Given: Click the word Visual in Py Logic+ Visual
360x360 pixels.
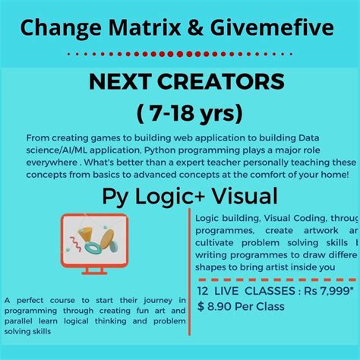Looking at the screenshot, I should (236, 197).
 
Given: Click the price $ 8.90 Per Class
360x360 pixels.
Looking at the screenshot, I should (241, 306).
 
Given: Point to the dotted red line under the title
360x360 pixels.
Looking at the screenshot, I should (180, 54).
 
